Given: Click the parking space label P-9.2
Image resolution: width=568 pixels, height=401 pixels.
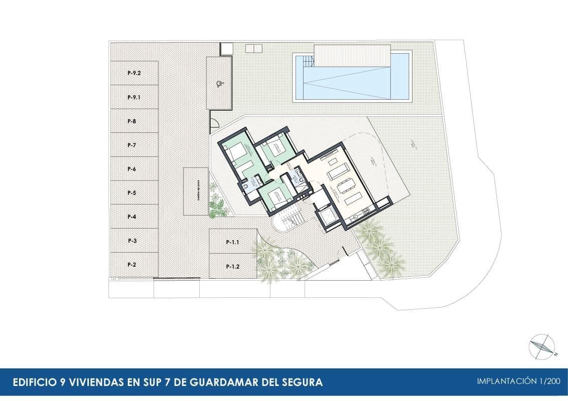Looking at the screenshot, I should point(134,73).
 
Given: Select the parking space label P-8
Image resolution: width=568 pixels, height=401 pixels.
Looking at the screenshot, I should point(132,121).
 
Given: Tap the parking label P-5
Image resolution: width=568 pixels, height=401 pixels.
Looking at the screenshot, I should point(132,193).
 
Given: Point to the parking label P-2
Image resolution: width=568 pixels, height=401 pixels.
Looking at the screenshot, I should point(132,265).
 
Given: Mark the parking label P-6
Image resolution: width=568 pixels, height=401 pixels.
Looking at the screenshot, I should point(132,169).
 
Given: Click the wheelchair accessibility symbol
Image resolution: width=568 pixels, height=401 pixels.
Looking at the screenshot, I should point(218,84).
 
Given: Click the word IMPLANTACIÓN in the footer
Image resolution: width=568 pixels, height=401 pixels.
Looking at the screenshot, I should point(506,381).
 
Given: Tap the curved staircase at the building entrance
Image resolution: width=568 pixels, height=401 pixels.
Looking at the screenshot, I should point(289,220).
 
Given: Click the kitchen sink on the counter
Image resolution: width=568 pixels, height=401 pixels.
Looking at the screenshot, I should point(355,217).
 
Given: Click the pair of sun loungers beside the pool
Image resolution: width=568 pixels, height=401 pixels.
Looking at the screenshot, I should point(254,48).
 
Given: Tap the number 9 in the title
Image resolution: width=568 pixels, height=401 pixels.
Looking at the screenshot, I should point(57,382).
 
